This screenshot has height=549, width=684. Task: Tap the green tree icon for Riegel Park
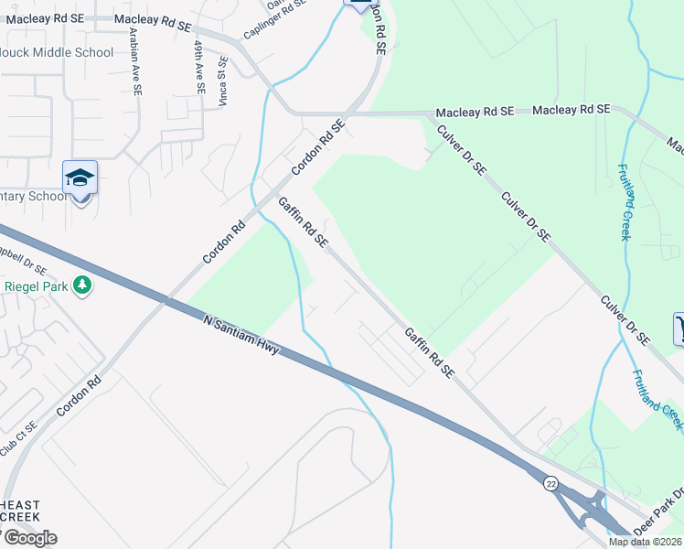tap(82, 285)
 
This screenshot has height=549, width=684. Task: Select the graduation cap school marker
tap(80, 178)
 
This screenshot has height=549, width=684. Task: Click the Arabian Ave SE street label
tap(135, 61)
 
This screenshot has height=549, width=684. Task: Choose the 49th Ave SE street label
tap(198, 67)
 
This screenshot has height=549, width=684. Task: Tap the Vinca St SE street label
tap(222, 82)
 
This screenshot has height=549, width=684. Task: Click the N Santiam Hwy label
tap(240, 337)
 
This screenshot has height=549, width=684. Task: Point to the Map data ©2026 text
tap(645, 542)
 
